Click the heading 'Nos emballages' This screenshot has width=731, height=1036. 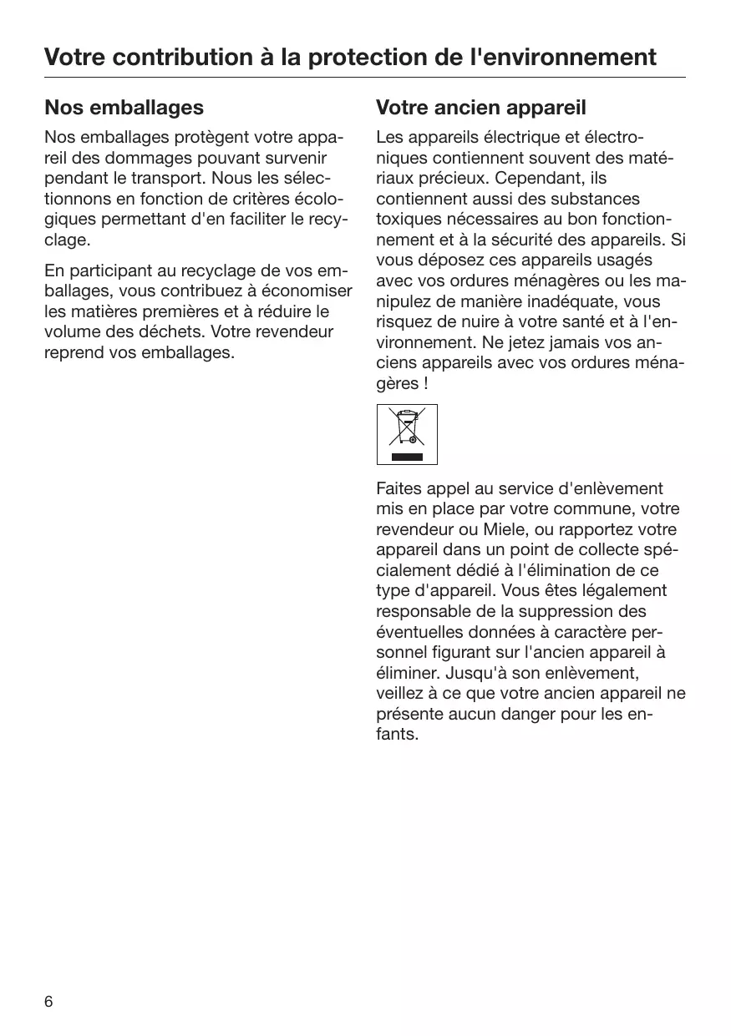click(124, 108)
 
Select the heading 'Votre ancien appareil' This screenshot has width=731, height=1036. click(481, 108)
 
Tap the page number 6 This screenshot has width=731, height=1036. click(48, 1002)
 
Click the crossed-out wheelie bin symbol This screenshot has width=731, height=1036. click(407, 427)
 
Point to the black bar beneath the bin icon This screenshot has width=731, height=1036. click(407, 457)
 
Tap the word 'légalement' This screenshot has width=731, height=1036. click(626, 591)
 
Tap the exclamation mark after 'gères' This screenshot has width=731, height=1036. click(426, 384)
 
